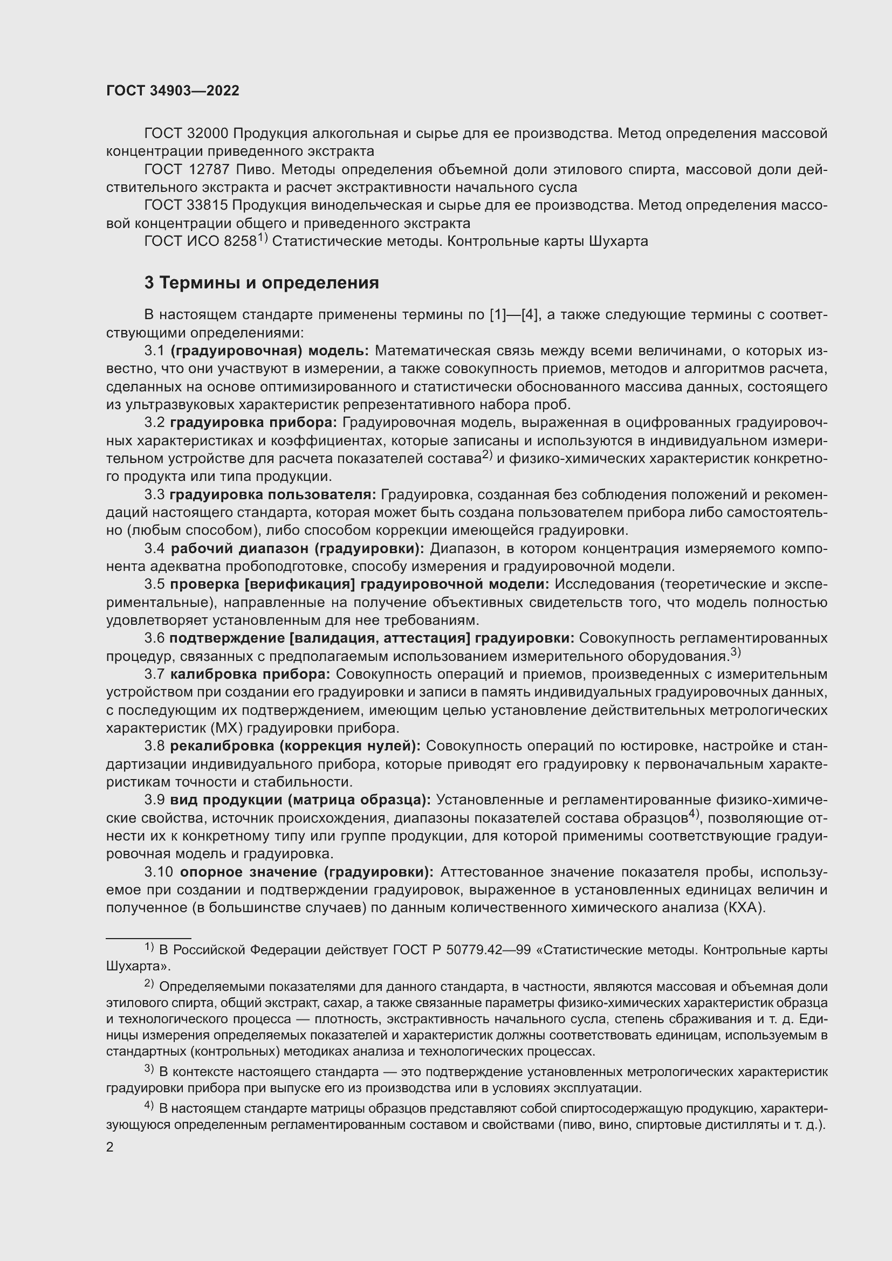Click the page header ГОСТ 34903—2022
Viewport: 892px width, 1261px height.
point(173,91)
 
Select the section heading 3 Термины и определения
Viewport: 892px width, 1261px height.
point(262,283)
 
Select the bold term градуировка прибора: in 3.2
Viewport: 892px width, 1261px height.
point(254,423)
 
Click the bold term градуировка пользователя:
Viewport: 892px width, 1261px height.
point(272,495)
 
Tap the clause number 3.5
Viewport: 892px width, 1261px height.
point(154,584)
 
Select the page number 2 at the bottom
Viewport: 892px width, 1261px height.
point(110,1147)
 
